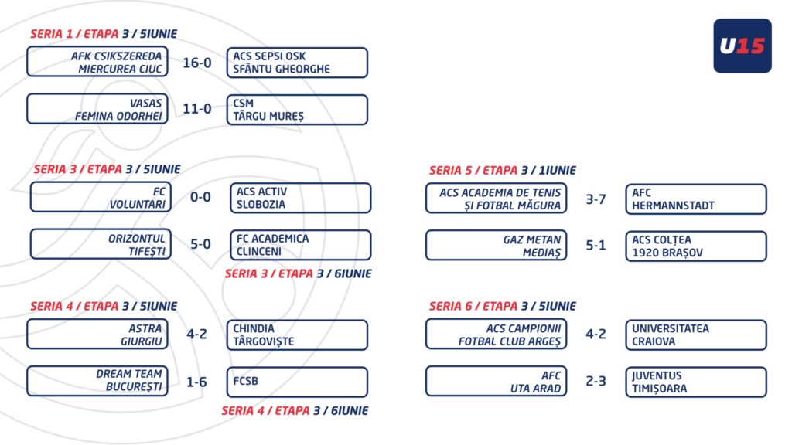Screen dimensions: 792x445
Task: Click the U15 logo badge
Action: [742, 46]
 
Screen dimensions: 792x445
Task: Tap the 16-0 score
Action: [197, 63]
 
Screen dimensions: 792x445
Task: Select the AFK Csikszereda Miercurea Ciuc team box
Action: [97, 62]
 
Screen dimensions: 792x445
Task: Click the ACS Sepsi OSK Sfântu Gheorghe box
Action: [297, 63]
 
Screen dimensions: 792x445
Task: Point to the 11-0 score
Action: [197, 108]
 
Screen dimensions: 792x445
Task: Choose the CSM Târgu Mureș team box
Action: [297, 110]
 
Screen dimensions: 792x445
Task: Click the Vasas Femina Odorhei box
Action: [97, 109]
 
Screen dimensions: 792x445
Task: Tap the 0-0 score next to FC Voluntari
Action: [200, 197]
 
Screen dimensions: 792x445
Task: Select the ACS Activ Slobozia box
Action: [301, 198]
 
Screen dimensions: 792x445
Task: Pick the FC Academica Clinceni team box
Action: [301, 245]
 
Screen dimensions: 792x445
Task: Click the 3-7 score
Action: [596, 199]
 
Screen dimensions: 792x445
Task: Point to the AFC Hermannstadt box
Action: [696, 199]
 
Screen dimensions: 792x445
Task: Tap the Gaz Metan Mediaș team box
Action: [497, 245]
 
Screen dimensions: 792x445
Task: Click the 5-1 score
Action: [596, 245]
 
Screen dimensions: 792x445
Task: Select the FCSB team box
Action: [297, 382]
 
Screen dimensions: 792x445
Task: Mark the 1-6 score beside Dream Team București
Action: [197, 382]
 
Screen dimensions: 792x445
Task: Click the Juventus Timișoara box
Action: [696, 382]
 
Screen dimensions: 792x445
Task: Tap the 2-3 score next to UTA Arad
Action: [596, 381]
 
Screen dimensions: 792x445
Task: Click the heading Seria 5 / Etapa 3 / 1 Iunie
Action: [503, 171]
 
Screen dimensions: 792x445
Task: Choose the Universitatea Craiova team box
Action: [696, 335]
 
